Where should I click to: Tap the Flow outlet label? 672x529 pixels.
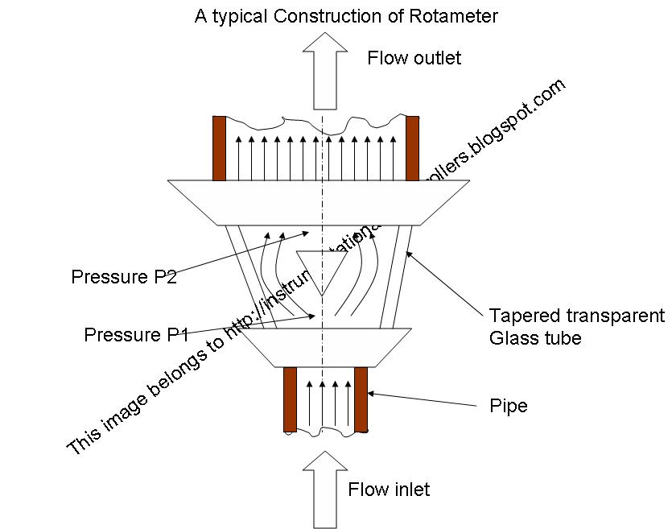pyautogui.click(x=414, y=58)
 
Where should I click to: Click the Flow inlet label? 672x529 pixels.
pyautogui.click(x=389, y=490)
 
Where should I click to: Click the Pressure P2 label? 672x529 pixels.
pyautogui.click(x=123, y=278)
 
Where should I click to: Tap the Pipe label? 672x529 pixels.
pyautogui.click(x=509, y=406)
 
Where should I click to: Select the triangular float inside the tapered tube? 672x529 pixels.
pyautogui.click(x=321, y=268)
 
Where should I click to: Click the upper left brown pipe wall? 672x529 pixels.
pyautogui.click(x=219, y=148)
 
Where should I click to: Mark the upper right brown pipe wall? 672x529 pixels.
pyautogui.click(x=413, y=148)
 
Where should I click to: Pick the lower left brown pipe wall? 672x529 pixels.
pyautogui.click(x=290, y=399)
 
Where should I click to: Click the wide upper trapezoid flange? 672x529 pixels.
pyautogui.click(x=319, y=202)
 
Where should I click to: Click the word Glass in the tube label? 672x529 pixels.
pyautogui.click(x=511, y=338)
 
